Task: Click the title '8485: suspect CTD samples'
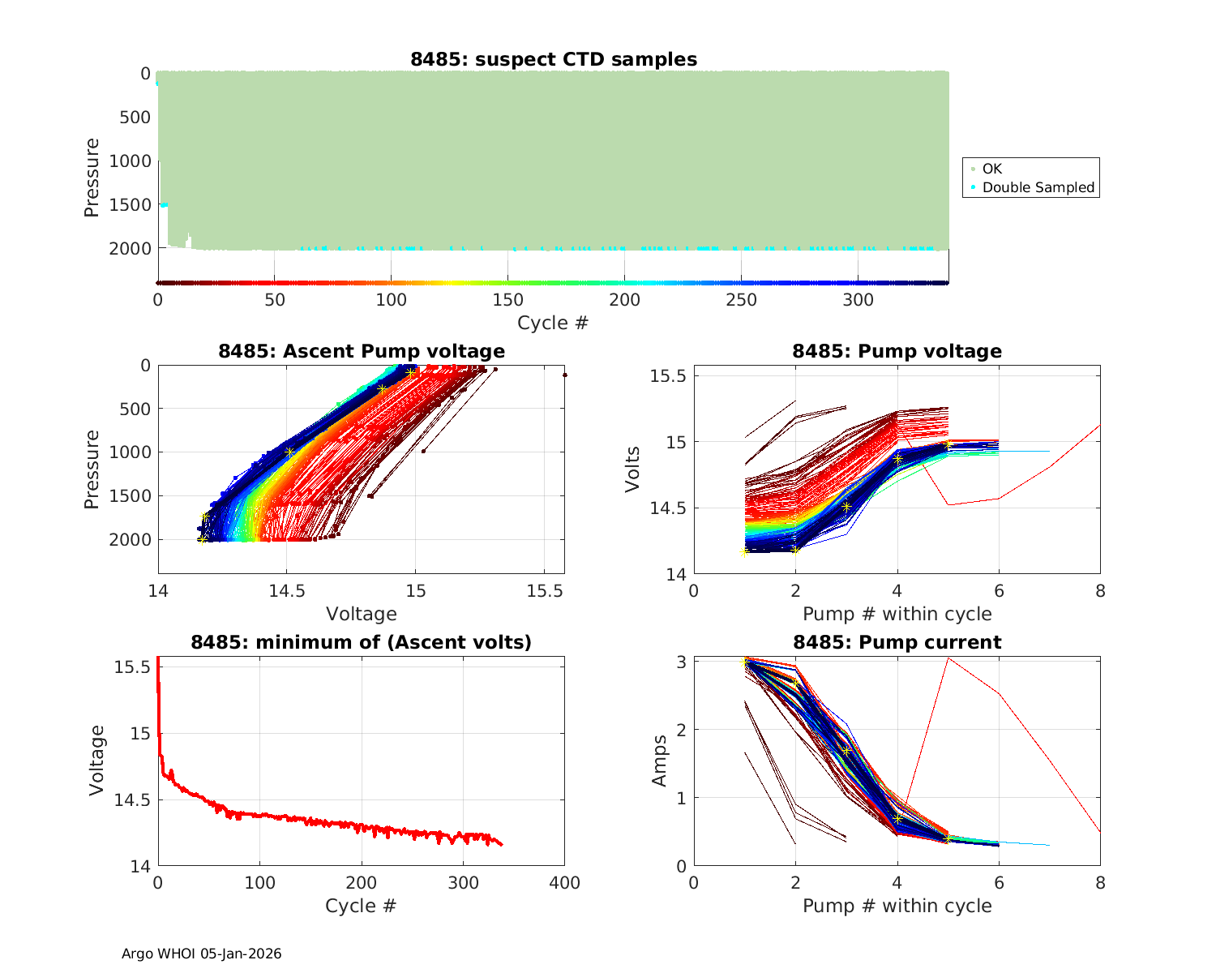click(553, 59)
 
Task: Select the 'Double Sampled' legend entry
click(1038, 187)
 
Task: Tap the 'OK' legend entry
click(991, 169)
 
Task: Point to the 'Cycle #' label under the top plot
click(553, 323)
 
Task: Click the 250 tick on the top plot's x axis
click(741, 300)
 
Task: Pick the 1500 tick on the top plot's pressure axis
click(130, 204)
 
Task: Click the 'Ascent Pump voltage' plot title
click(361, 351)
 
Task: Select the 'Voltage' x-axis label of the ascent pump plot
click(361, 614)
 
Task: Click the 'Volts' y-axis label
click(633, 469)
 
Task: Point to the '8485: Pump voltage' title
click(897, 351)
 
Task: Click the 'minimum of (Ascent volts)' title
click(361, 642)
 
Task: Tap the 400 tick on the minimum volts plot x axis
click(564, 883)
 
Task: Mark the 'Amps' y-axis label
click(660, 760)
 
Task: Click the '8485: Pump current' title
click(897, 642)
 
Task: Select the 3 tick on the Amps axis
click(683, 662)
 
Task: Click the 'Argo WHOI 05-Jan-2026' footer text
click(201, 954)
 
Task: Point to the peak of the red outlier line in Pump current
click(948, 658)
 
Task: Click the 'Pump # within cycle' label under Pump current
click(897, 906)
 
